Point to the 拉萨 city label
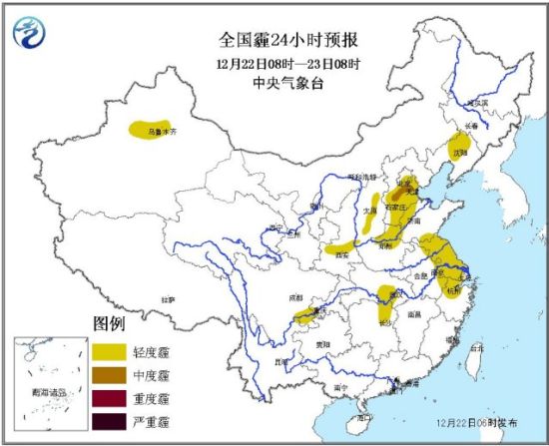tap(166, 298)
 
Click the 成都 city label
tap(295, 296)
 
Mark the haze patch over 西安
tap(342, 245)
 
